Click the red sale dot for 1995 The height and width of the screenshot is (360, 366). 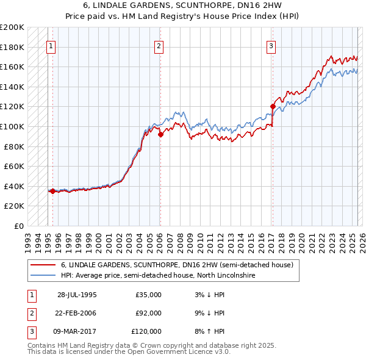pos(52,191)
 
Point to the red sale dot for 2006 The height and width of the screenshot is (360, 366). pos(160,135)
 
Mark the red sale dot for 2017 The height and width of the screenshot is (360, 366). pos(272,107)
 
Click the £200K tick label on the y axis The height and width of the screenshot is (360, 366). pos(12,27)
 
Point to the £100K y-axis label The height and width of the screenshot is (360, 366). pos(12,126)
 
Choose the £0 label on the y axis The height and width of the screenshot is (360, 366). pos(18,226)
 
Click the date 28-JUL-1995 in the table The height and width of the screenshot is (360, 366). pos(77,295)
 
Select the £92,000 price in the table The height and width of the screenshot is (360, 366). pos(149,313)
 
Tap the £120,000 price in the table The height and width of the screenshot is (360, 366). pos(147,331)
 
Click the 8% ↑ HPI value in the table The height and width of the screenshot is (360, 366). pos(213,331)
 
